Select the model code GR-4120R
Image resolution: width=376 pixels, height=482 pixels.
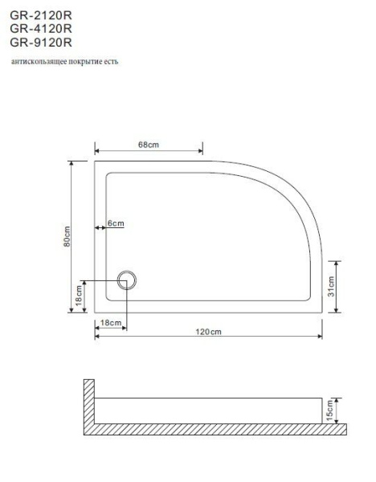[41, 28]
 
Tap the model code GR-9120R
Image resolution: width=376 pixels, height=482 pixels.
[41, 41]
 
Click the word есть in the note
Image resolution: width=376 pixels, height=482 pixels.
[110, 62]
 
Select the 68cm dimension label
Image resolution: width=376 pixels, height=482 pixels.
[148, 145]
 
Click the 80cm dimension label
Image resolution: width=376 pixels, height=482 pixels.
[67, 238]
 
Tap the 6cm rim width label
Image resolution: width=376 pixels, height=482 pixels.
[116, 224]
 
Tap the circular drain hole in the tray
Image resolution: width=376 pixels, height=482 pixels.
[126, 280]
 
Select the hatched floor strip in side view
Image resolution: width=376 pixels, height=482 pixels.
[217, 430]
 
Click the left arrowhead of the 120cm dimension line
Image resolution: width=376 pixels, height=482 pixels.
[97, 337]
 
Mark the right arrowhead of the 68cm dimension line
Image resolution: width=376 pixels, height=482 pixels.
[200, 150]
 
